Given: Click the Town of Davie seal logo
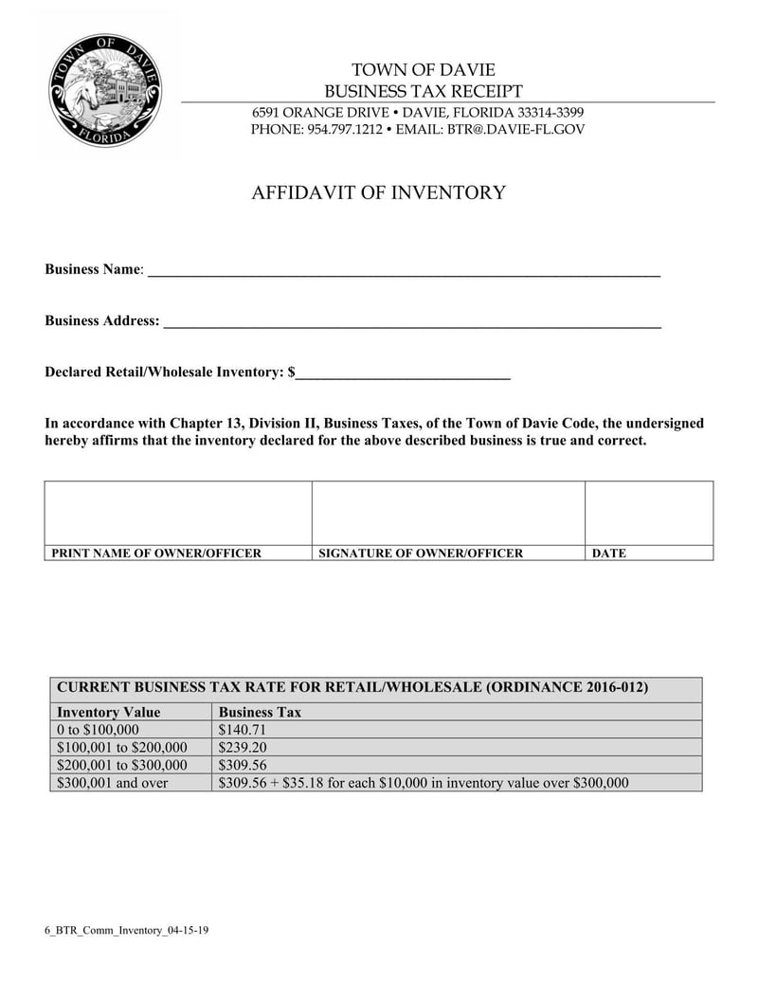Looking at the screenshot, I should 106,91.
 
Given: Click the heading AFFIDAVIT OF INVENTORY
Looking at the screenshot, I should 378,193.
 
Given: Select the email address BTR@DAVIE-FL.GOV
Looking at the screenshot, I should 516,129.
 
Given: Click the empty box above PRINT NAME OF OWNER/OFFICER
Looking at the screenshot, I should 178,513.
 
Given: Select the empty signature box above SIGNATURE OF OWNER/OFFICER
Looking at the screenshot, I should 448,513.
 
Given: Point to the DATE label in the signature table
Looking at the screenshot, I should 608,553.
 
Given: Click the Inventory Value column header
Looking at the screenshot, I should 109,712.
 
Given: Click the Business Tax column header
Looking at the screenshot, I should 260,712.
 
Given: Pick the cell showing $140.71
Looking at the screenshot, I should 243,730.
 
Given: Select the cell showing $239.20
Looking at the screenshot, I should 243,747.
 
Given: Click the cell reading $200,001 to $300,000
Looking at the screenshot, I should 122,765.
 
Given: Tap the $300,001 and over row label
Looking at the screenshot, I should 113,783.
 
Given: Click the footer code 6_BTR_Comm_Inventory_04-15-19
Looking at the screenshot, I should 126,930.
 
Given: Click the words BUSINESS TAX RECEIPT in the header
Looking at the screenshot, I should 424,91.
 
